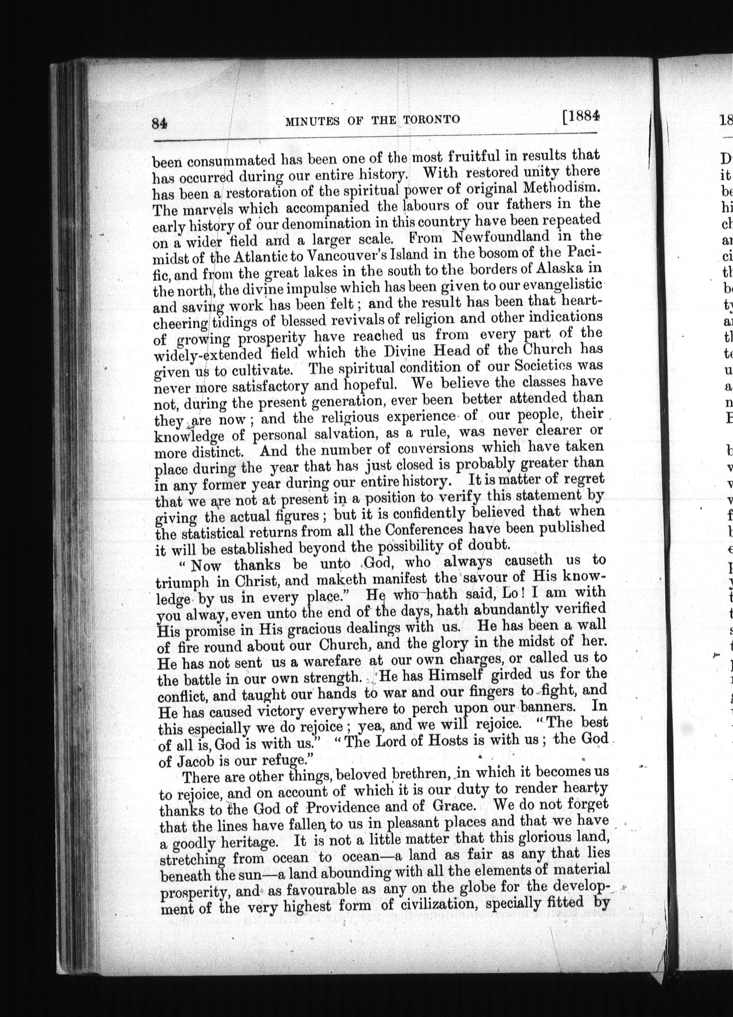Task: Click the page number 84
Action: pos(160,123)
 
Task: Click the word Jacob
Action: pos(196,762)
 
